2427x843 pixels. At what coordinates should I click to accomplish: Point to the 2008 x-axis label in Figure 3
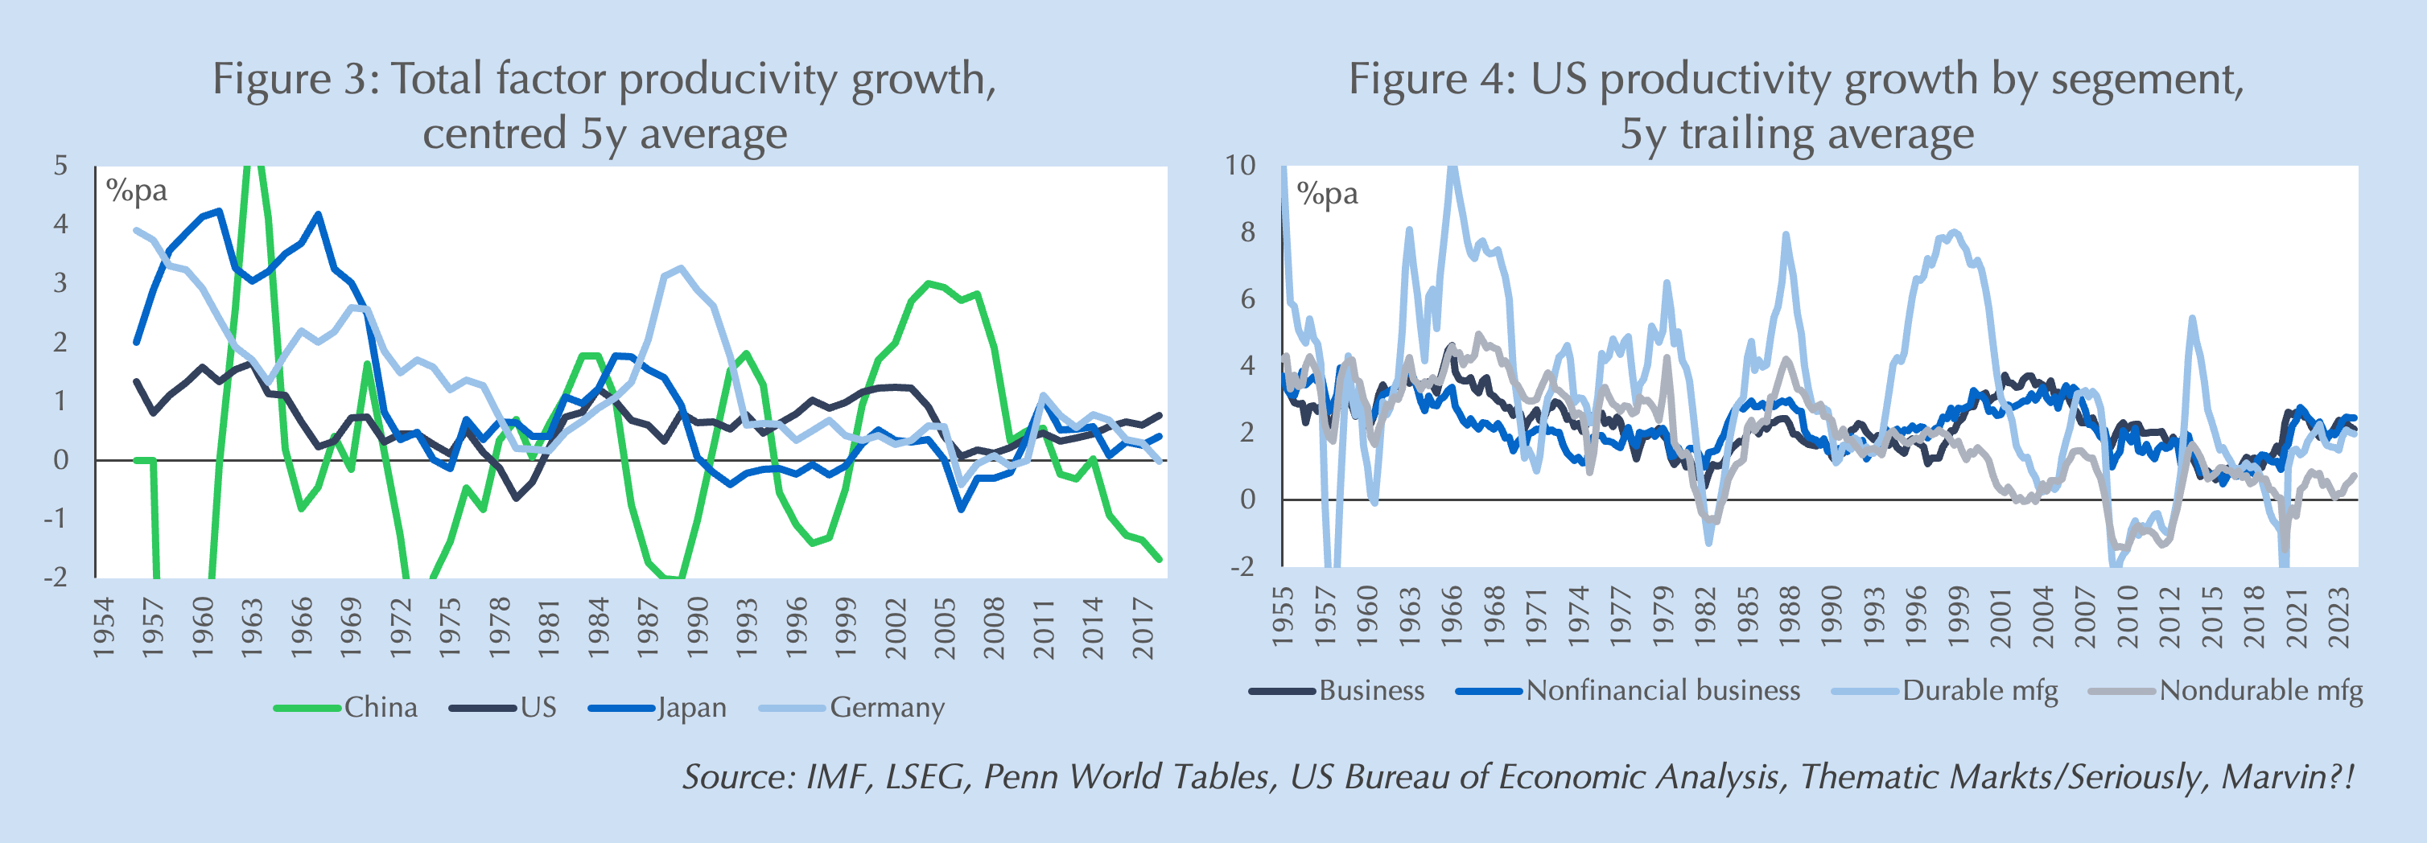click(x=994, y=627)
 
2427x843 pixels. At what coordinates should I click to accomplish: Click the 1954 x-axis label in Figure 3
click(x=103, y=627)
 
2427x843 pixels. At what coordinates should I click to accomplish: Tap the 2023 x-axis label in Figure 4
click(x=2339, y=618)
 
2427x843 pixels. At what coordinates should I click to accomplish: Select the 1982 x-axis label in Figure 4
click(x=1705, y=618)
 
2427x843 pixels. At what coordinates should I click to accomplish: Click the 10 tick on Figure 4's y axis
click(x=1240, y=166)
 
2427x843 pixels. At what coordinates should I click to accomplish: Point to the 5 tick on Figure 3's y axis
click(x=61, y=166)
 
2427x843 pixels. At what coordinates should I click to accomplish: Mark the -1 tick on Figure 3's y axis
click(x=56, y=518)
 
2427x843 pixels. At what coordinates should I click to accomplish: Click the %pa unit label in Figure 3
click(x=137, y=191)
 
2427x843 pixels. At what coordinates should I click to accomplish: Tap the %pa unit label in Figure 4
click(x=1328, y=194)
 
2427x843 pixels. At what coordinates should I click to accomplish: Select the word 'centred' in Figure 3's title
click(x=494, y=134)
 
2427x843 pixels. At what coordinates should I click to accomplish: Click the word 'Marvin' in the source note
click(x=2273, y=777)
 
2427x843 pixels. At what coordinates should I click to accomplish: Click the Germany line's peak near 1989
click(x=680, y=269)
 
